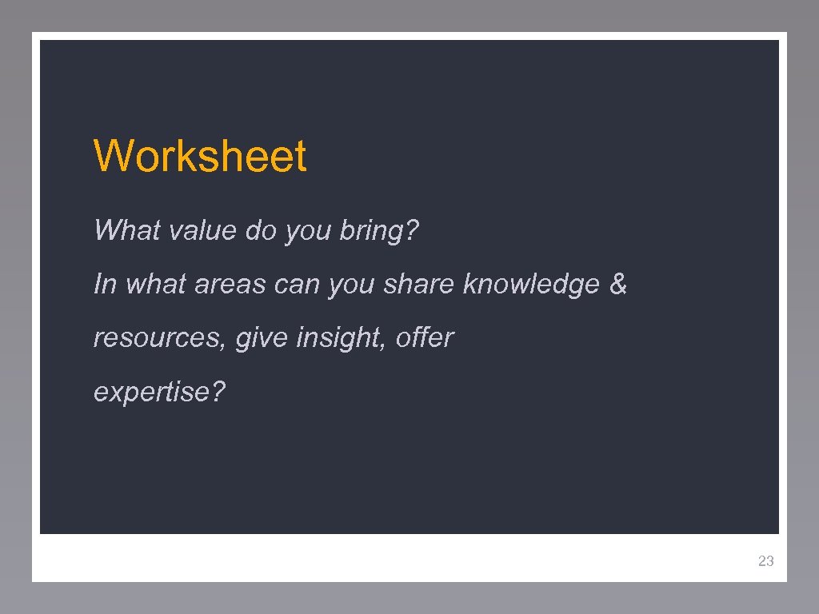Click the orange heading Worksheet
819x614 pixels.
tap(200, 156)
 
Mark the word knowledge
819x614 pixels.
tap(531, 284)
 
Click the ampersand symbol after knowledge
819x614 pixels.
tap(618, 284)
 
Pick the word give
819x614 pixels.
tap(262, 338)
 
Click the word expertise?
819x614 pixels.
tap(160, 393)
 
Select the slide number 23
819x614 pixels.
tap(765, 561)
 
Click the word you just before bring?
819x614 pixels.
tap(308, 232)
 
